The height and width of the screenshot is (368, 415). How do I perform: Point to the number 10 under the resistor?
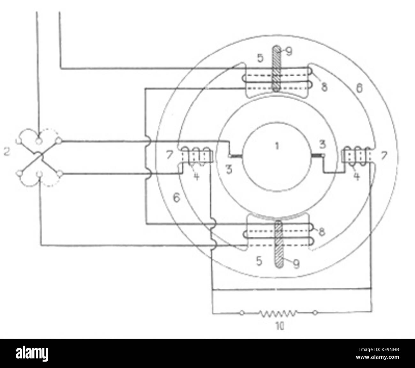pyautogui.click(x=279, y=326)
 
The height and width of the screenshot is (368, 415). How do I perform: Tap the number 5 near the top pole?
pyautogui.click(x=261, y=59)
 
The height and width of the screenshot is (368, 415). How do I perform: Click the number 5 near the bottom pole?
pyautogui.click(x=259, y=261)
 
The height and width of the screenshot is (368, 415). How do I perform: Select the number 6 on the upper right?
pyautogui.click(x=359, y=89)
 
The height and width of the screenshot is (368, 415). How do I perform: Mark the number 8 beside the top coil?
pyautogui.click(x=324, y=87)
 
